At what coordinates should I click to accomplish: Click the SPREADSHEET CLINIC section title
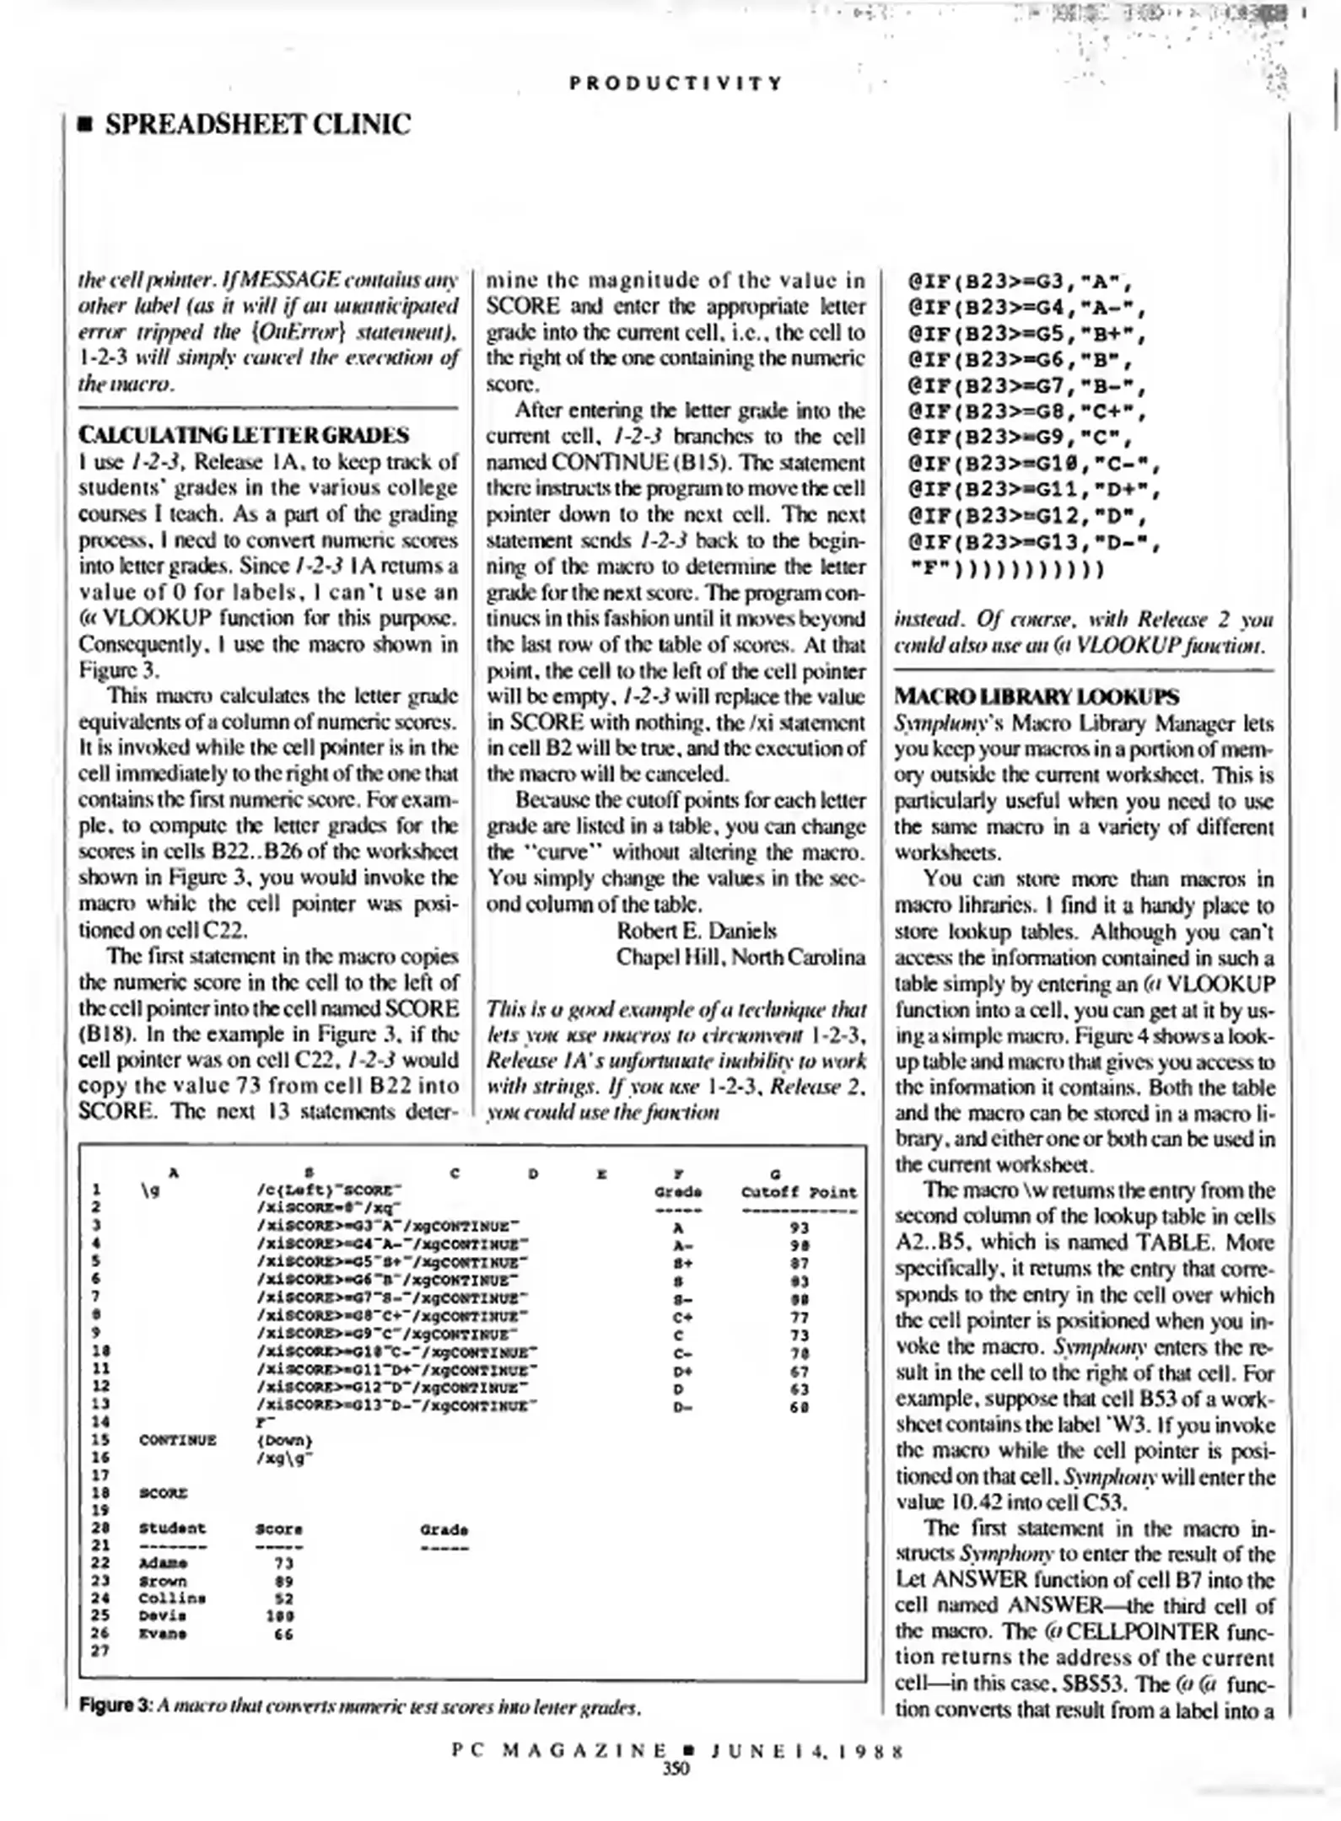257,125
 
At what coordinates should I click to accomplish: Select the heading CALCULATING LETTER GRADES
244,435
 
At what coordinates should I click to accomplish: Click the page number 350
676,1769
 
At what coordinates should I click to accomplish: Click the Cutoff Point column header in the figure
799,1192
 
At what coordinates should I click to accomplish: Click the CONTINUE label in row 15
177,1440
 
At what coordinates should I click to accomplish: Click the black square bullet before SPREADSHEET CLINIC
83,126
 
